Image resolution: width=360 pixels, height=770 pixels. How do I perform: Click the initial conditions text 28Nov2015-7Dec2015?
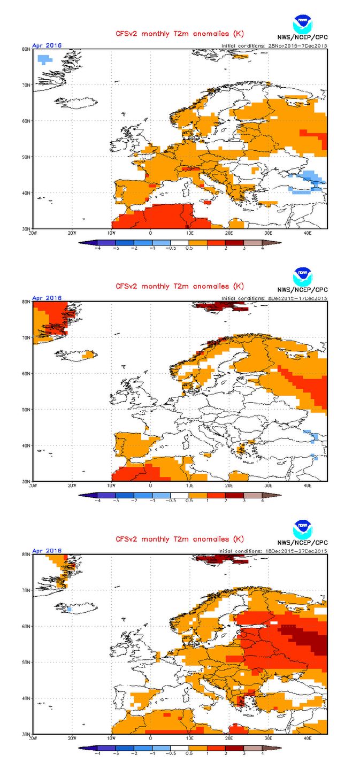[274, 46]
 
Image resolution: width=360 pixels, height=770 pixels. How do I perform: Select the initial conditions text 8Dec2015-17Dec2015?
[274, 298]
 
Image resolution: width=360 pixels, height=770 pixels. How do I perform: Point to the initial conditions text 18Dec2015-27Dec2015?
[273, 551]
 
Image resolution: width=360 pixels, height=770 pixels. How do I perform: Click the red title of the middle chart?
[180, 286]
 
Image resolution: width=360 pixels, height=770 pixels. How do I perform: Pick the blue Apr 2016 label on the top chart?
[47, 45]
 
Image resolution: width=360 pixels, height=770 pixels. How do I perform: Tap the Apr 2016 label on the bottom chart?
[47, 550]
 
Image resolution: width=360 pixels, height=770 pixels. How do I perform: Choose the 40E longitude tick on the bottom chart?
[308, 738]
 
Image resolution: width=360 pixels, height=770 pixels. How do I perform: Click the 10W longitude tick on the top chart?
[111, 233]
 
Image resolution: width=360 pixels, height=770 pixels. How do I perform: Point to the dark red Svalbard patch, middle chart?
[219, 306]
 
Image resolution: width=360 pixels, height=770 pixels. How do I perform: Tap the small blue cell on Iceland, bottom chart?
[70, 609]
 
